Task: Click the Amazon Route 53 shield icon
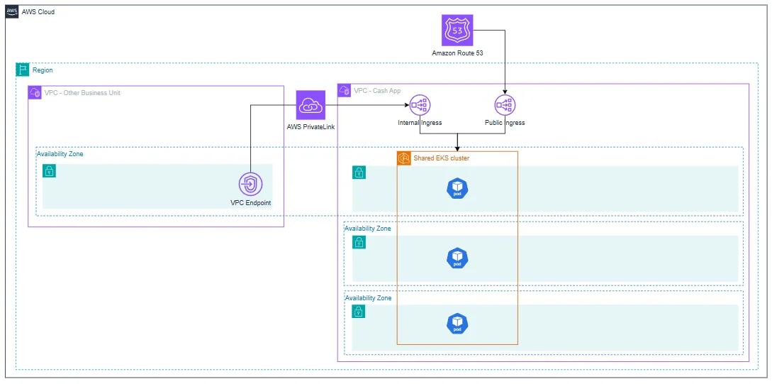pyautogui.click(x=458, y=30)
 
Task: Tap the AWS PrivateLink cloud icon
pyautogui.click(x=311, y=105)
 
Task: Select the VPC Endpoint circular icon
pyautogui.click(x=251, y=185)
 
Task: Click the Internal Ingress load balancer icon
pyautogui.click(x=420, y=104)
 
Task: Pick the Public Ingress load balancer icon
pyautogui.click(x=505, y=104)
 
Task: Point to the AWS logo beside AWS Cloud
pyautogui.click(x=12, y=12)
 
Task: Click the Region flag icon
pyautogui.click(x=22, y=70)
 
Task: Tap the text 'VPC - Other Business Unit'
pyautogui.click(x=82, y=93)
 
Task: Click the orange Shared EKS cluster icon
pyautogui.click(x=404, y=158)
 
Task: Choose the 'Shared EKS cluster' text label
pyautogui.click(x=442, y=158)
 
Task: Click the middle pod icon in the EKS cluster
pyautogui.click(x=457, y=258)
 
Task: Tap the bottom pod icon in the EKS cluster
pyautogui.click(x=457, y=324)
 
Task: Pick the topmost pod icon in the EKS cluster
pyautogui.click(x=457, y=188)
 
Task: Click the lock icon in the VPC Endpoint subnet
pyautogui.click(x=49, y=171)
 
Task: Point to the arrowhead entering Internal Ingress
pyautogui.click(x=406, y=105)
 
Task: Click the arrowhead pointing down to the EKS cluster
pyautogui.click(x=458, y=148)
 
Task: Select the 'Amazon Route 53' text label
pyautogui.click(x=457, y=53)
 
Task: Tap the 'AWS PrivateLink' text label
pyautogui.click(x=311, y=126)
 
